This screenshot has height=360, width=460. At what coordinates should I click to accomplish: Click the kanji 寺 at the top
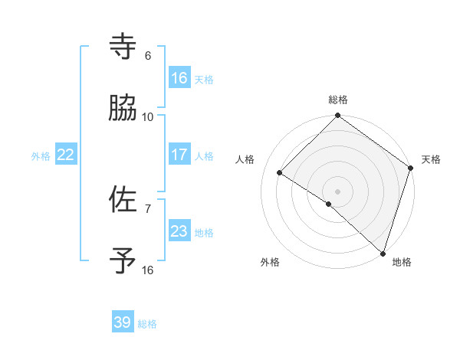123,46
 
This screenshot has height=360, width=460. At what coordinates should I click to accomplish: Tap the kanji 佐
123,199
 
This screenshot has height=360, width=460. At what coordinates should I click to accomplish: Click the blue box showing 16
179,78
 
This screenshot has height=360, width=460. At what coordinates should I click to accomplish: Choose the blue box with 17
179,155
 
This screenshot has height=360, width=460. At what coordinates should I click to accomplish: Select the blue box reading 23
179,231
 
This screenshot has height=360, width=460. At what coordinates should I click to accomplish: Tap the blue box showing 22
65,155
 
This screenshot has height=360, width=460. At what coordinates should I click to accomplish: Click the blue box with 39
123,322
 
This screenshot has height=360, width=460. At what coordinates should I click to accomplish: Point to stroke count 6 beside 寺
148,56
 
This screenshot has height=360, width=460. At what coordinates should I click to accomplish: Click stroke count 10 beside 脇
148,117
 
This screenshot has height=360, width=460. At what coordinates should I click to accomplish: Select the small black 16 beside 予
148,270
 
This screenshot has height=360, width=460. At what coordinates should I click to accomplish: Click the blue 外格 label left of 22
41,156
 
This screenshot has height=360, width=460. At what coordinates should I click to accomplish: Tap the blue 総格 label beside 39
147,324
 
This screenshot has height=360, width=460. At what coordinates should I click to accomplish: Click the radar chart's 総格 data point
337,116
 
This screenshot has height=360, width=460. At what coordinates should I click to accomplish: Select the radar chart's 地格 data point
383,254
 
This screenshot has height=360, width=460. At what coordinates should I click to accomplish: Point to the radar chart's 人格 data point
280,173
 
